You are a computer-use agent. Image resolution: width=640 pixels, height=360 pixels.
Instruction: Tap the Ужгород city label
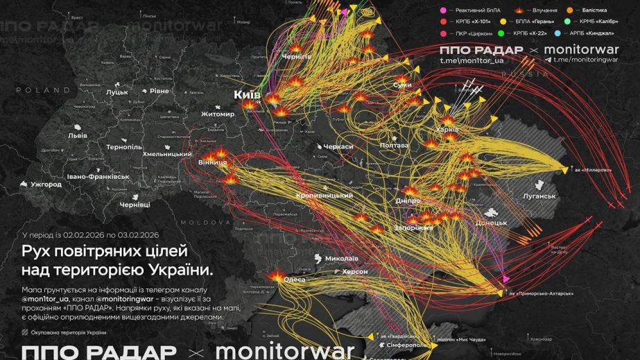tap(46, 185)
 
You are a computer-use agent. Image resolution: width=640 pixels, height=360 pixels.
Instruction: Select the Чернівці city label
tap(135, 205)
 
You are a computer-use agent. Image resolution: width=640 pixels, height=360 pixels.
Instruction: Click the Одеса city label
tap(295, 279)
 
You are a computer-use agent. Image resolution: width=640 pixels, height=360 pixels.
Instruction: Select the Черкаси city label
tap(337, 147)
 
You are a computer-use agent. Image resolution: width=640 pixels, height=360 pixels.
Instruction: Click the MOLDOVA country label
tap(205, 223)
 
